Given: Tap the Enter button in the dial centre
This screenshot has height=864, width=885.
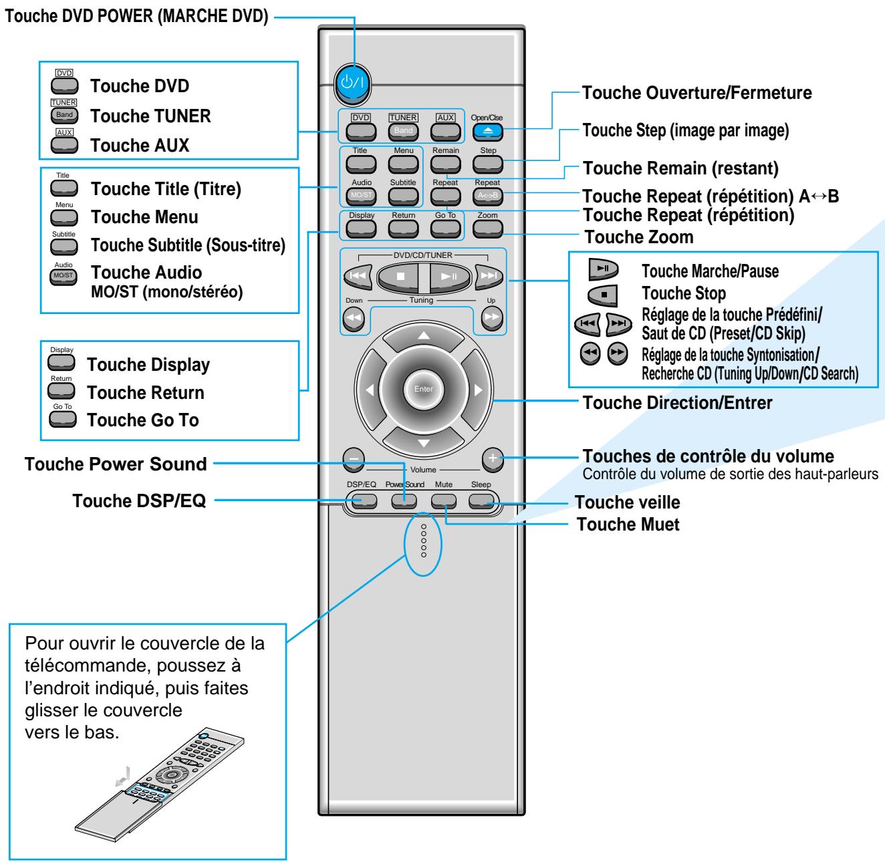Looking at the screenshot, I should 422,389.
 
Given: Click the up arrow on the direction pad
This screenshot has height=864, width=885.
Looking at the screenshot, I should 422,336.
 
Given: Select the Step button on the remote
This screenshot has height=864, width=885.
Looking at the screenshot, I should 488,164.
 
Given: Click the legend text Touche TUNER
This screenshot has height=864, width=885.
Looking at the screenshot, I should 150,116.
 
